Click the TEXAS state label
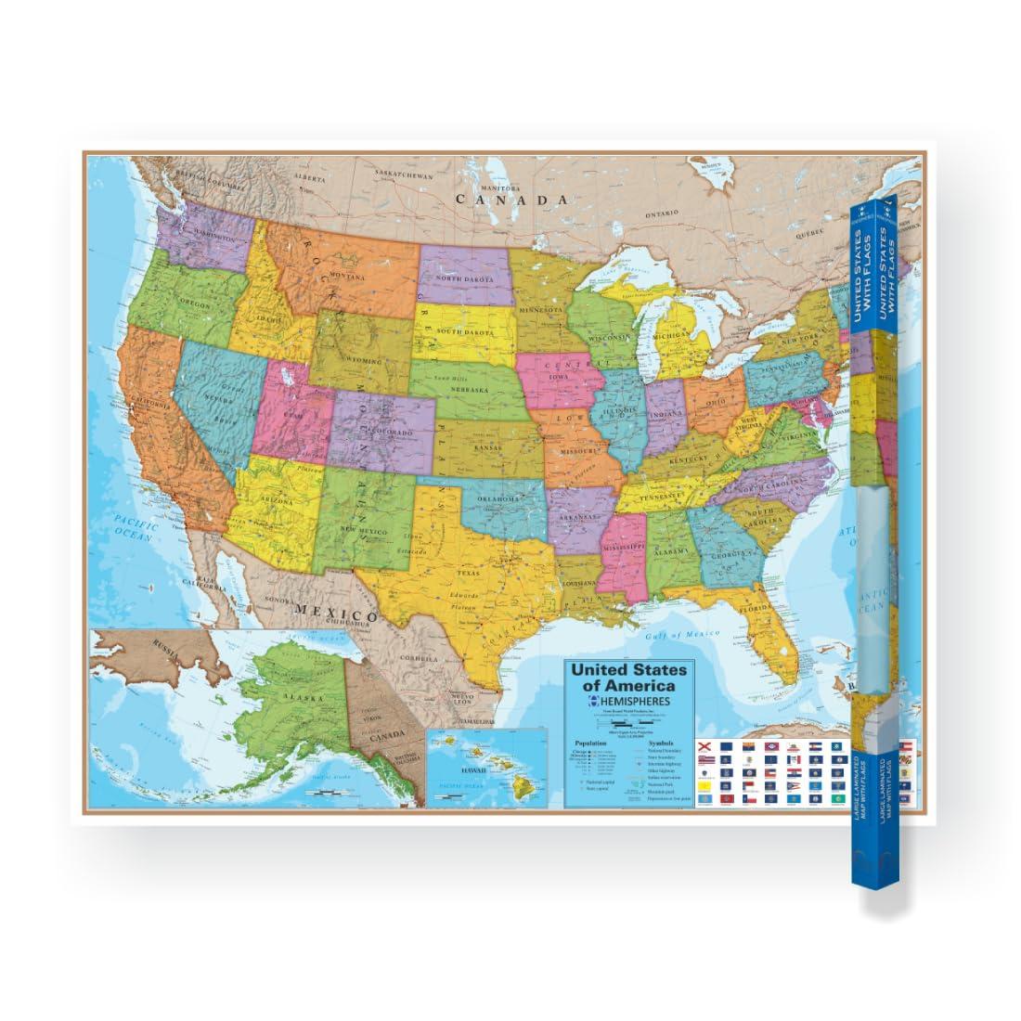(467, 573)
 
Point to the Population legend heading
(591, 743)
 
